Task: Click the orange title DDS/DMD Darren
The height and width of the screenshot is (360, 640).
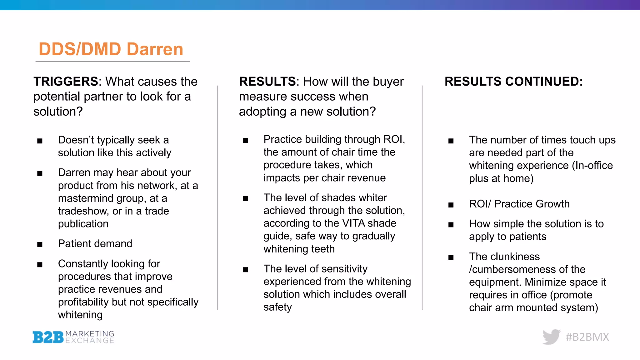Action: pyautogui.click(x=111, y=49)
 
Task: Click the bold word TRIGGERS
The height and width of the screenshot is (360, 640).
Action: pyautogui.click(x=66, y=82)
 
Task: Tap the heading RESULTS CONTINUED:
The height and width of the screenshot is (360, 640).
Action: pyautogui.click(x=513, y=82)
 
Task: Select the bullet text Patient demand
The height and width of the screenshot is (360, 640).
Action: pyautogui.click(x=95, y=244)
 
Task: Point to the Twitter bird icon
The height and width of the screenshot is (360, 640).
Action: pyautogui.click(x=552, y=337)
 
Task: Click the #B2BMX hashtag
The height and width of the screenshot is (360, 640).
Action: pyautogui.click(x=587, y=337)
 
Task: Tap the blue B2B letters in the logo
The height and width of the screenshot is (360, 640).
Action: pyautogui.click(x=48, y=337)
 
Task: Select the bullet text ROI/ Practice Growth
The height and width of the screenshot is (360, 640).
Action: pyautogui.click(x=519, y=204)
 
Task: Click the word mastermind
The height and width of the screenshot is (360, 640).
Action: pyautogui.click(x=87, y=198)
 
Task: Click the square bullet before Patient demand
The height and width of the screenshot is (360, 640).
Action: pyautogui.click(x=40, y=245)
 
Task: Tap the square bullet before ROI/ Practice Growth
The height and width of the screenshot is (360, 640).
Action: pyautogui.click(x=451, y=205)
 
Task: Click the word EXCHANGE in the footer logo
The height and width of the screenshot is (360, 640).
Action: pyautogui.click(x=90, y=341)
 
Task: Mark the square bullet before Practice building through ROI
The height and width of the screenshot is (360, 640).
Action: pyautogui.click(x=245, y=141)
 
